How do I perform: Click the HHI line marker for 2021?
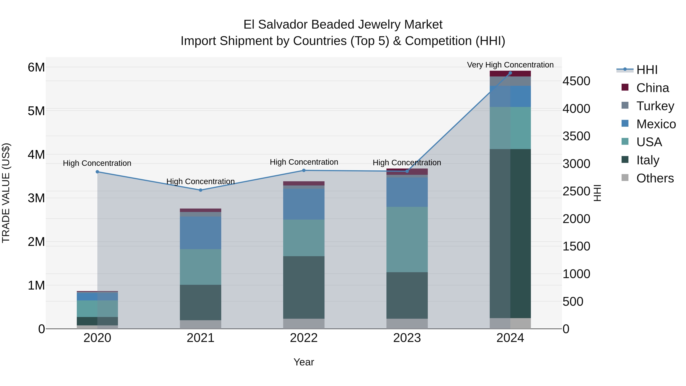[200, 190]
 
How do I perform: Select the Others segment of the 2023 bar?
[407, 323]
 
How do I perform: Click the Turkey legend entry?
[655, 106]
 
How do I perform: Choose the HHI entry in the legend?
[647, 70]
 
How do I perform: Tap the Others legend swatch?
[625, 178]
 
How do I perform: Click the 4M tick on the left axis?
[36, 155]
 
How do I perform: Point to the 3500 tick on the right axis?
[576, 136]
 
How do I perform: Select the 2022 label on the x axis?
[304, 338]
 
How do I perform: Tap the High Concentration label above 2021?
[200, 181]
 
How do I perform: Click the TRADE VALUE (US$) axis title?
[6, 193]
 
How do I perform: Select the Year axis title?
[304, 362]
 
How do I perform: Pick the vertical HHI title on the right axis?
[597, 193]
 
